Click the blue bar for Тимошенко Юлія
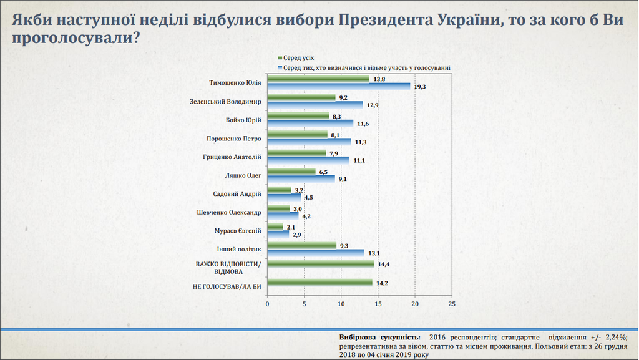[x=338, y=86]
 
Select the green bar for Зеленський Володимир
[x=301, y=97]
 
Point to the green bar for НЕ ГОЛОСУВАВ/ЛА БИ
[x=319, y=283]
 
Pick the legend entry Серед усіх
[x=299, y=57]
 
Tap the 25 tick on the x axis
[x=452, y=304]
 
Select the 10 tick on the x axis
[x=341, y=304]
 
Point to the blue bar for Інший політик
[x=316, y=253]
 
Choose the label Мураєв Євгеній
[x=237, y=231]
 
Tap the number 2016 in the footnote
[x=439, y=336]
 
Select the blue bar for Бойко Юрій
[x=310, y=123]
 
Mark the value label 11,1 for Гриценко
[x=358, y=160]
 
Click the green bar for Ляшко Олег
[x=291, y=171]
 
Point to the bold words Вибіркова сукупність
[x=380, y=336]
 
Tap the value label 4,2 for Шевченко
[x=306, y=216]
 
